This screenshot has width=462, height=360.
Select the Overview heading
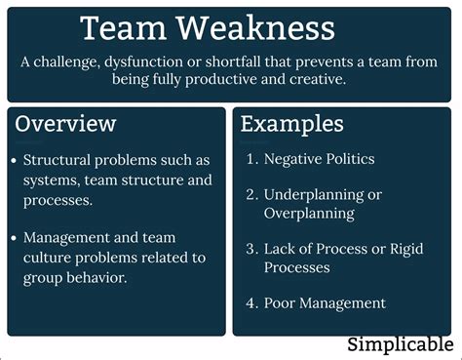65,124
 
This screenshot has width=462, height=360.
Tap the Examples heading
291,124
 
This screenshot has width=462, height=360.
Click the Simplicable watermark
400,343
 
